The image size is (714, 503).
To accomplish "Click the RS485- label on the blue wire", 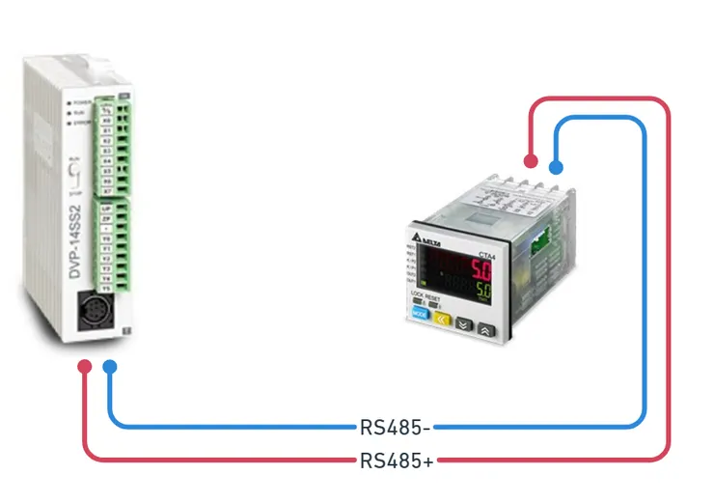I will [397, 426].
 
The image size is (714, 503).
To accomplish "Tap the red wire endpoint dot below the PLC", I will [85, 367].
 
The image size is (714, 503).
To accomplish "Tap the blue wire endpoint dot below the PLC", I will [110, 367].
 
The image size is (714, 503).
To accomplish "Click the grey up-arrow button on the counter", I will [486, 329].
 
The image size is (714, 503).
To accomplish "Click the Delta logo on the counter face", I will [426, 238].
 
